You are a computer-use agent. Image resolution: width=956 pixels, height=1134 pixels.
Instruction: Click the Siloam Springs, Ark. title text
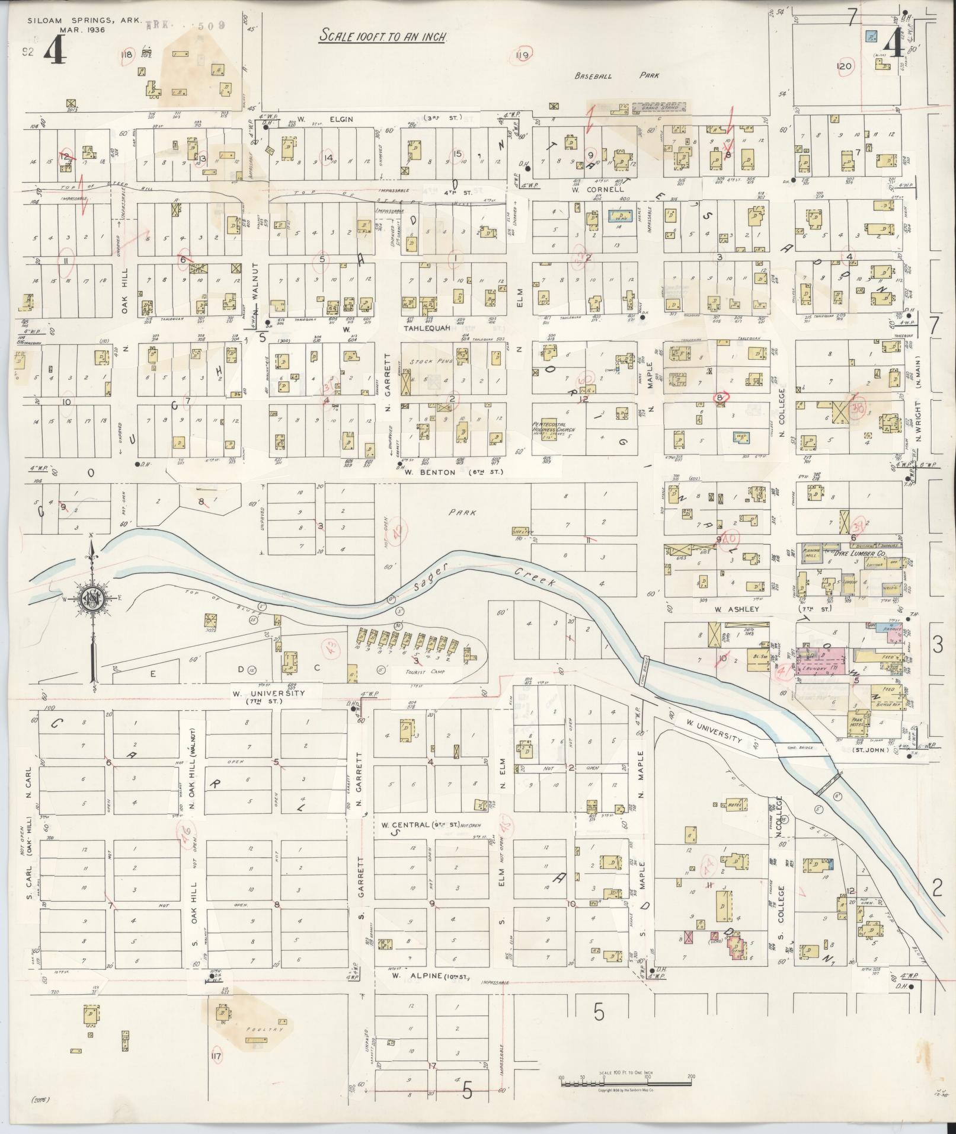click(x=84, y=20)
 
